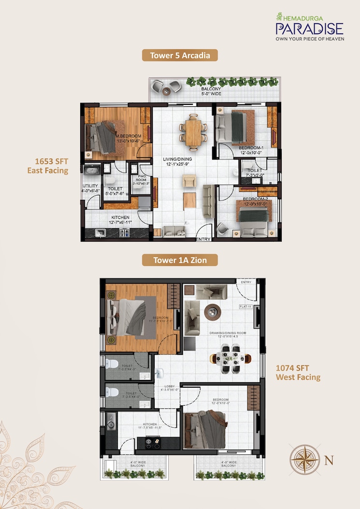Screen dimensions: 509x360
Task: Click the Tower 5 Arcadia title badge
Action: [x=180, y=56]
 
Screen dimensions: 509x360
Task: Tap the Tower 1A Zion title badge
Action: [x=180, y=261]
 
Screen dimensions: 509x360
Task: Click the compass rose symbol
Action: [x=304, y=459]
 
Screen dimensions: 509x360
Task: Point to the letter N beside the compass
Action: [x=329, y=460]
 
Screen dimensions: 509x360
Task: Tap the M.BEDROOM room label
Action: [x=128, y=136]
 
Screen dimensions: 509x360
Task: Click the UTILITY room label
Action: [x=90, y=186]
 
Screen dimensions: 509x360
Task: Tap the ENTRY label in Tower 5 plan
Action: [x=203, y=239]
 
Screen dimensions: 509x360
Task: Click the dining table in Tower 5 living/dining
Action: [x=193, y=130]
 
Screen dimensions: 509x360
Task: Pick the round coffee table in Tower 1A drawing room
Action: [x=212, y=312]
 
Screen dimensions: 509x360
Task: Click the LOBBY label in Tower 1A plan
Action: [x=170, y=387]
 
